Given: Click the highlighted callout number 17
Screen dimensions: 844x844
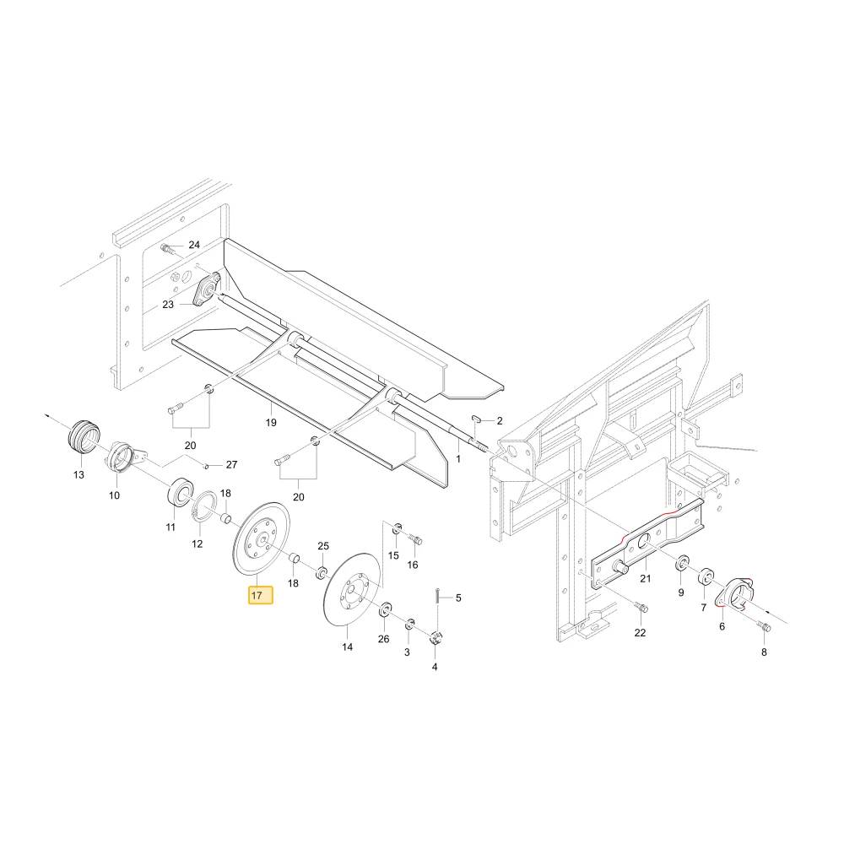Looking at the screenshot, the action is tap(261, 595).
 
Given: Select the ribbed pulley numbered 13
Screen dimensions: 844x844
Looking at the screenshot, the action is tap(84, 436).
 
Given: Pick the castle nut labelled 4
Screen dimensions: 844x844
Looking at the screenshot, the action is tap(436, 639).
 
